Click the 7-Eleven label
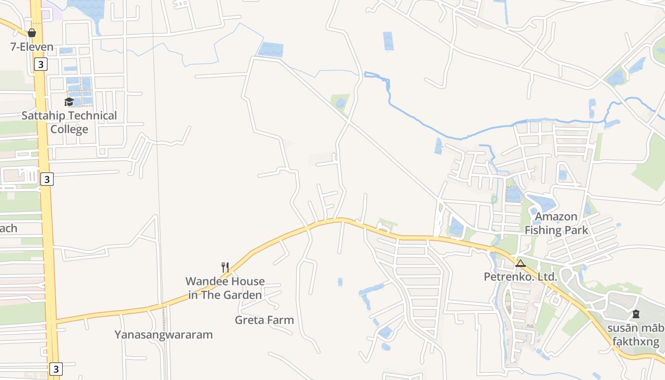(32, 47)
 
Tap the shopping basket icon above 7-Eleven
(32, 33)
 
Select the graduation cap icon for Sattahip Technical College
(69, 102)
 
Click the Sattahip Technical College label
(69, 122)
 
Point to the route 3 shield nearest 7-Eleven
(41, 64)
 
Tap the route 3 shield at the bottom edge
(56, 369)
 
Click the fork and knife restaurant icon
(225, 267)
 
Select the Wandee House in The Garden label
(225, 288)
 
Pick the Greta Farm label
(264, 320)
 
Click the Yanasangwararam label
(163, 334)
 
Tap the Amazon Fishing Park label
(556, 223)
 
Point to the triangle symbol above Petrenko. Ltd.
(521, 263)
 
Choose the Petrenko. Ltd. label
(521, 276)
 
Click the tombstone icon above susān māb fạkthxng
(636, 314)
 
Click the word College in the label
(69, 129)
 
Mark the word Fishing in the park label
(543, 230)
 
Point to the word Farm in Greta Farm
(281, 320)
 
